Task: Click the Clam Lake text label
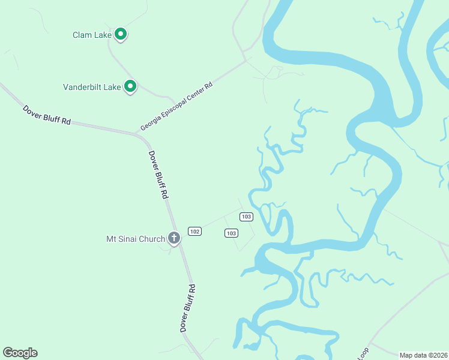point(92,35)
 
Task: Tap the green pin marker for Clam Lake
point(121,34)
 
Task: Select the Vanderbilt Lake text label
point(92,87)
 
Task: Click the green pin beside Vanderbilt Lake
point(130,87)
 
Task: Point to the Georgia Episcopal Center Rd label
point(176,107)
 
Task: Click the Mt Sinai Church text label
point(135,239)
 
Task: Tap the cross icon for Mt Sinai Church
point(174,239)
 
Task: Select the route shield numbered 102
point(194,231)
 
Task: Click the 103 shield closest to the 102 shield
point(232,233)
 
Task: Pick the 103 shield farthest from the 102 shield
point(246,217)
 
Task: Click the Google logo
point(20,353)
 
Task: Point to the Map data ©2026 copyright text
point(423,355)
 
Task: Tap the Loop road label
point(363,354)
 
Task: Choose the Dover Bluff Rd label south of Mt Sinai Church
point(188,308)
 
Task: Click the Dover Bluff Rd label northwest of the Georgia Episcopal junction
point(47,115)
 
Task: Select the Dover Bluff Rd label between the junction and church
point(158,175)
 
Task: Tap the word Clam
point(82,35)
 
